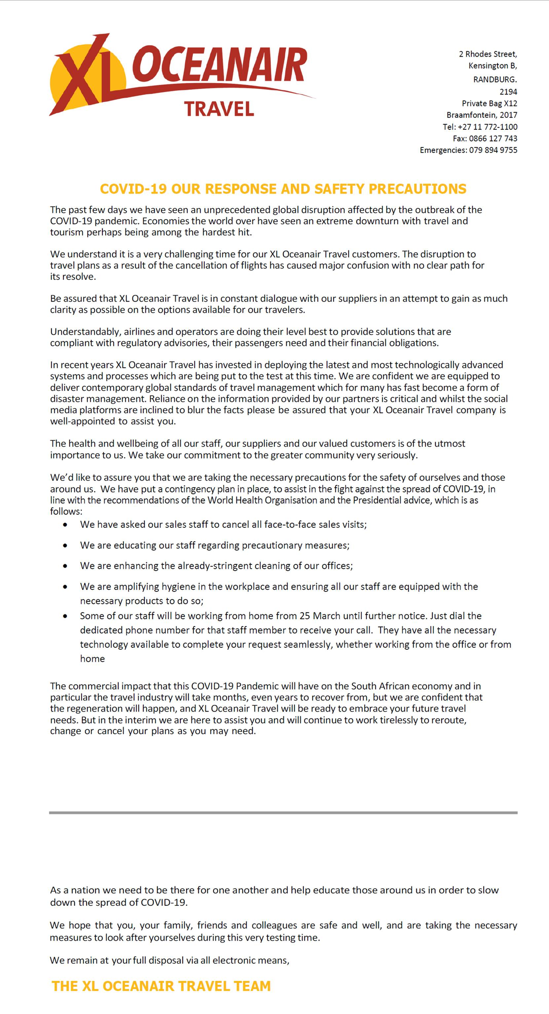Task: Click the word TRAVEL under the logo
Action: click(219, 109)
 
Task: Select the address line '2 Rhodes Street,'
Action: click(488, 54)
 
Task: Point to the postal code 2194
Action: click(508, 92)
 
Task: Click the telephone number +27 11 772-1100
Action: click(488, 127)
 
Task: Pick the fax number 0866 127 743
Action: click(493, 138)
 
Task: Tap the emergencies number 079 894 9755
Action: click(493, 150)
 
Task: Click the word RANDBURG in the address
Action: click(495, 80)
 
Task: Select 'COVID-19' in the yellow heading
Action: click(133, 189)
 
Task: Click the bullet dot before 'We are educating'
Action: click(65, 546)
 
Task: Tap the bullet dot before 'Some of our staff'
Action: click(65, 616)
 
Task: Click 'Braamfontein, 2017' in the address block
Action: click(482, 115)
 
